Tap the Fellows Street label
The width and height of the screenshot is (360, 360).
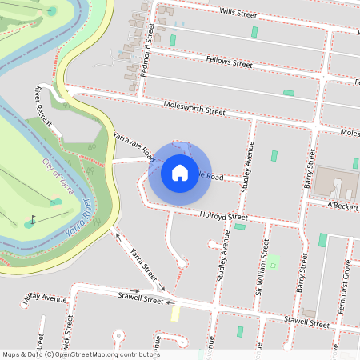point(229,62)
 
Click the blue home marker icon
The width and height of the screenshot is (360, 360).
point(179,173)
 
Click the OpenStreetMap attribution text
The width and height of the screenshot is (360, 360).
point(81,354)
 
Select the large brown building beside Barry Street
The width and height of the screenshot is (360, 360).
point(336,183)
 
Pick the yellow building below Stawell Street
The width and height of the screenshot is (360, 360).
point(175,314)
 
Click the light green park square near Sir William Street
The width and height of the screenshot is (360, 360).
point(273,261)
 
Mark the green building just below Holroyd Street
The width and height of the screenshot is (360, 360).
point(240,226)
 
